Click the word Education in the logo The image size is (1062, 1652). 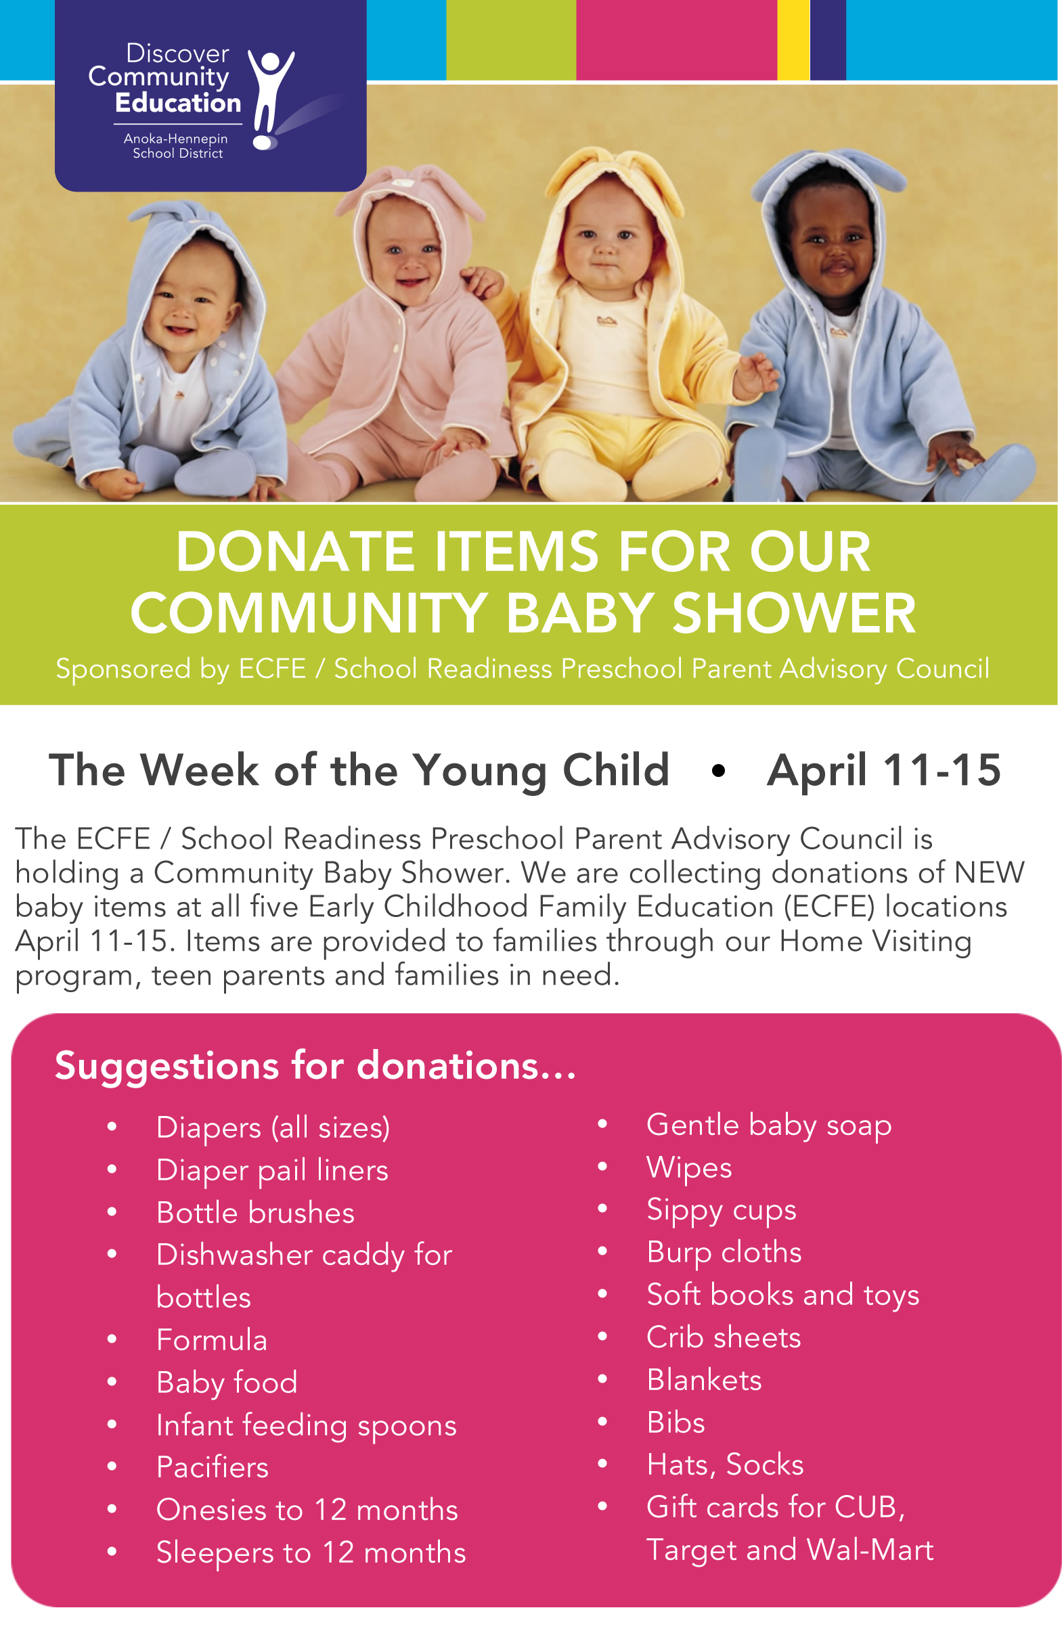coord(178,103)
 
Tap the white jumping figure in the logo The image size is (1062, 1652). coord(270,100)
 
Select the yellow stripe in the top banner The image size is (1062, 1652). coord(793,40)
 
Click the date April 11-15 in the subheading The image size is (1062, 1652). coord(884,769)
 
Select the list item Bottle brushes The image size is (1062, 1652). coord(255,1213)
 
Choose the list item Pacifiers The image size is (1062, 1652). coord(213,1467)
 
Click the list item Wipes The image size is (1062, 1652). coord(689,1168)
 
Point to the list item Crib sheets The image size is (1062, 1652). coord(724,1337)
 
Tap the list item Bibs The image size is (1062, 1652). coord(676,1423)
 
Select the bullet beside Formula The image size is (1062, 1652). coord(112,1339)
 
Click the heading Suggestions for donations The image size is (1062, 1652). coord(315,1066)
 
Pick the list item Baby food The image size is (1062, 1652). coord(227,1383)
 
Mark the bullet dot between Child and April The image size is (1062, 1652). coord(718,771)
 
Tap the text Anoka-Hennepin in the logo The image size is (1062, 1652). coord(176,139)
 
